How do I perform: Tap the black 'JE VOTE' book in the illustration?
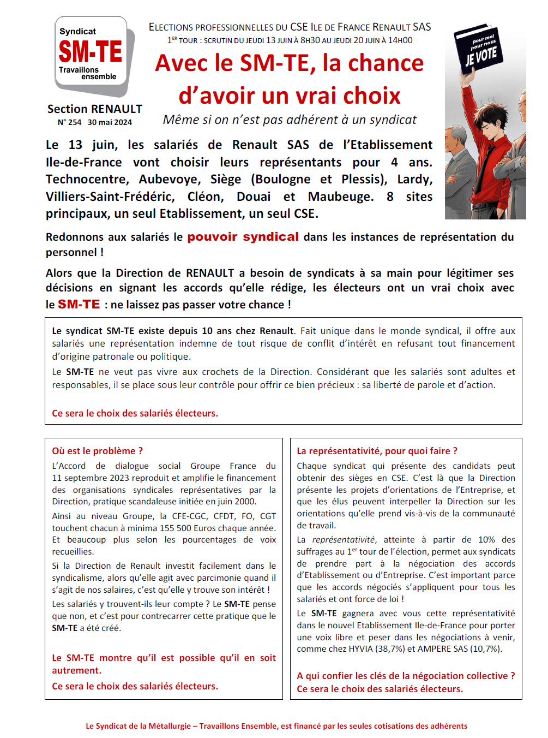click(x=479, y=52)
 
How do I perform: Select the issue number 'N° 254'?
click(x=69, y=122)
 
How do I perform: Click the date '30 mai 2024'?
click(x=110, y=122)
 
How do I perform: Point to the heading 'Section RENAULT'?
click(x=95, y=109)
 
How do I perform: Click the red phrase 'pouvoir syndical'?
click(x=243, y=237)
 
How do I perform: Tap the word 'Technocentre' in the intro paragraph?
click(x=87, y=180)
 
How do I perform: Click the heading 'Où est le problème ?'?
click(x=98, y=451)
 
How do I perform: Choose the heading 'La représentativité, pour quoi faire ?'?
click(x=377, y=451)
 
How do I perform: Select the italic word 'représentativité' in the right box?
click(x=343, y=540)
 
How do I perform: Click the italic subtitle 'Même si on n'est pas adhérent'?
click(x=290, y=120)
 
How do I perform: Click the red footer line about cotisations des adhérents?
click(x=276, y=726)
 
